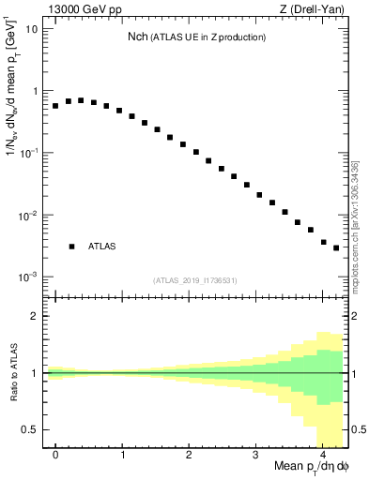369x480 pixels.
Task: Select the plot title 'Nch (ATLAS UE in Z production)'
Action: click(x=197, y=37)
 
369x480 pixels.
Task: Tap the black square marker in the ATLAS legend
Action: click(x=71, y=247)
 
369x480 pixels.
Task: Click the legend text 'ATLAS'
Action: click(x=102, y=247)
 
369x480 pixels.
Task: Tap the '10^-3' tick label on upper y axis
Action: click(x=29, y=277)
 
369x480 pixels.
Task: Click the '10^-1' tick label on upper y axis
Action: click(x=29, y=153)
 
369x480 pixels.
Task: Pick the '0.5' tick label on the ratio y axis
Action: click(x=32, y=429)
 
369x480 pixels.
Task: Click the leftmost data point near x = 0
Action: click(x=55, y=106)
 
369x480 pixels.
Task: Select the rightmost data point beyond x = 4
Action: click(x=336, y=247)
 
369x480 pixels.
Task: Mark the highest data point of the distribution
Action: click(x=81, y=100)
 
